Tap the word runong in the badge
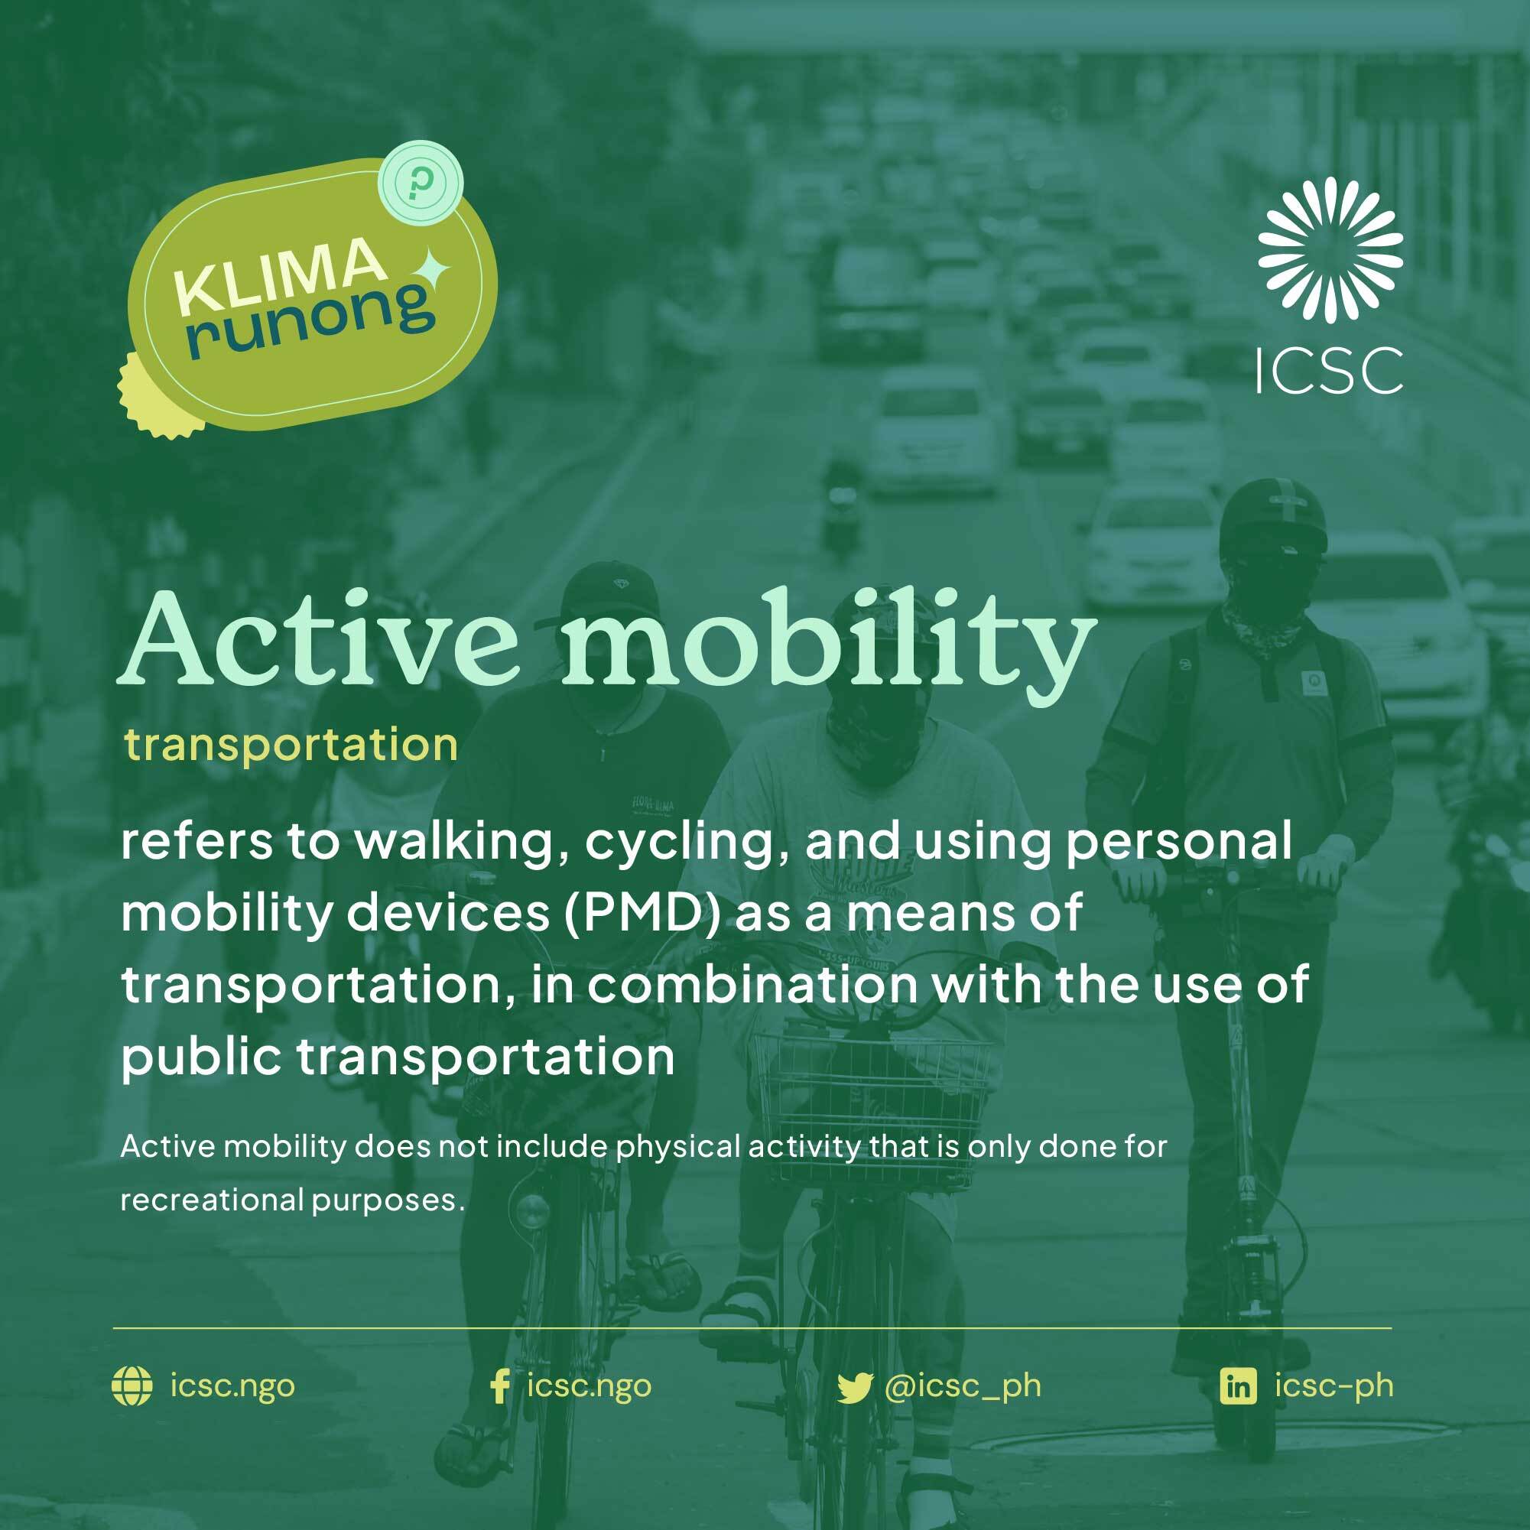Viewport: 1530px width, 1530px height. point(310,320)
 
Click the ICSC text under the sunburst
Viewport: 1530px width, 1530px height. point(1330,369)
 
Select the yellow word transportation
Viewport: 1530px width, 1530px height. point(291,745)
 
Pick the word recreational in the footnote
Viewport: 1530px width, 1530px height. point(212,1200)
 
